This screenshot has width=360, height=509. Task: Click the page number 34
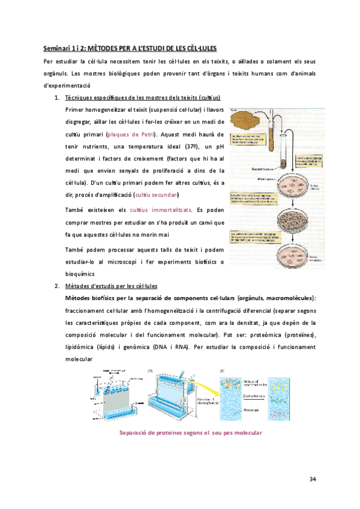313,478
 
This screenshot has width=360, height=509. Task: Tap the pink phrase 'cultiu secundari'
157,196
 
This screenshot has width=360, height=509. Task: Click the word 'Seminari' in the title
58,47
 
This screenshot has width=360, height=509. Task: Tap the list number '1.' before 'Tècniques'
57,97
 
